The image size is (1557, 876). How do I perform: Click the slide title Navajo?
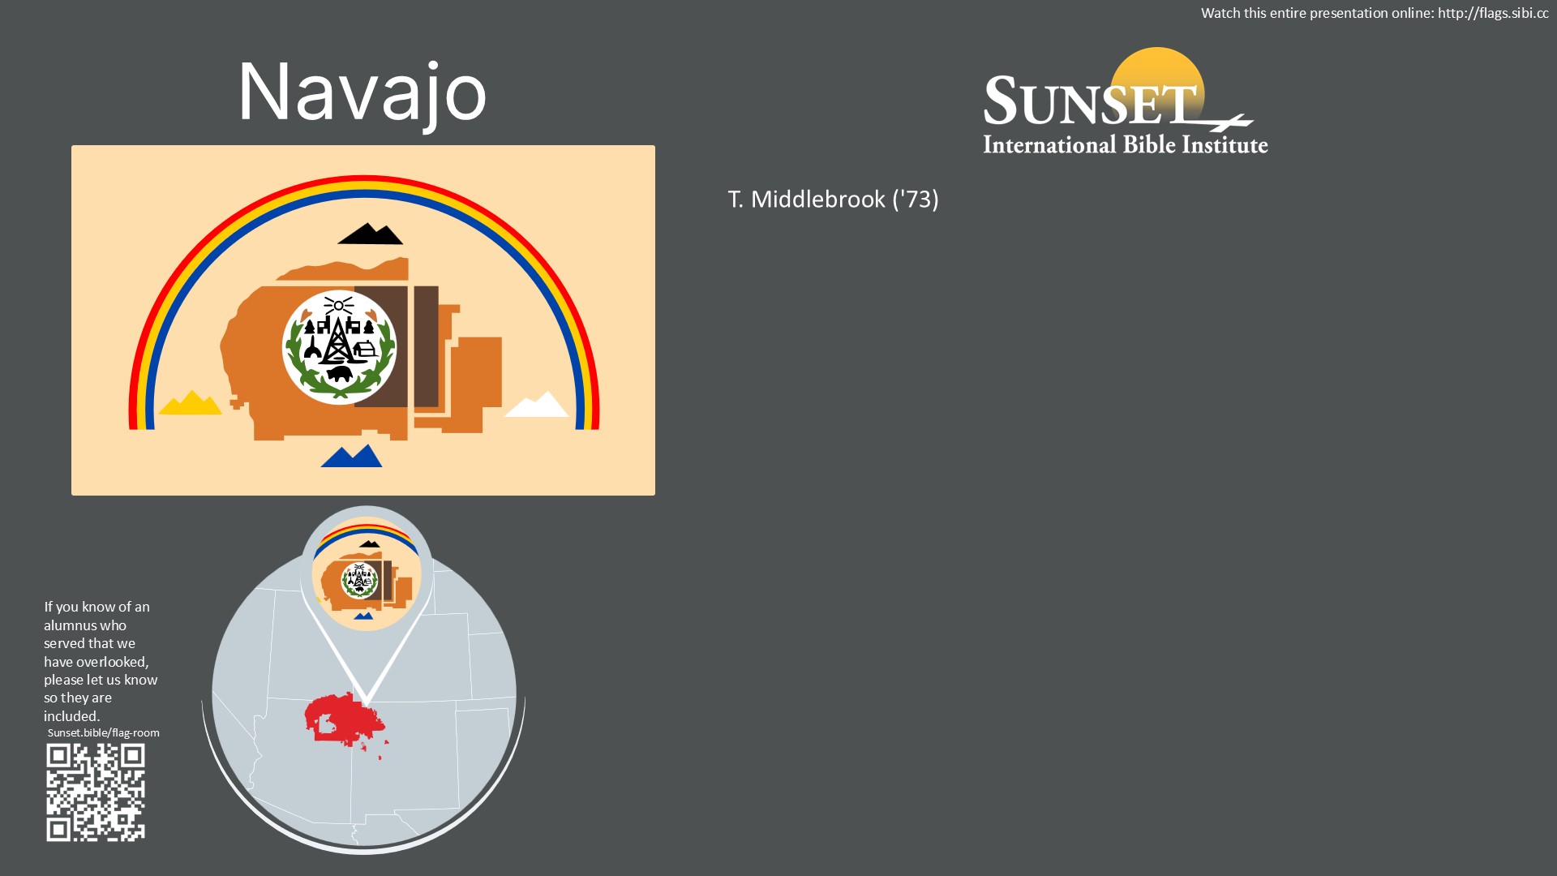click(362, 93)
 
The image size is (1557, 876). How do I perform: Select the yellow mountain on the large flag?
click(191, 402)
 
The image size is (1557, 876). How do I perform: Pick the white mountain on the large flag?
click(537, 404)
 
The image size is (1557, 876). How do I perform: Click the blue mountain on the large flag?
click(351, 456)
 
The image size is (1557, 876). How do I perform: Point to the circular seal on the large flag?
click(340, 347)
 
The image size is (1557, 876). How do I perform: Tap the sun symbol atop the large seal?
click(338, 306)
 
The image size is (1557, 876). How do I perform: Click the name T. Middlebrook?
click(807, 200)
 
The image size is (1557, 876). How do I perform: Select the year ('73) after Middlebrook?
click(916, 200)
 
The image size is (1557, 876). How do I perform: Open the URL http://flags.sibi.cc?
click(1493, 13)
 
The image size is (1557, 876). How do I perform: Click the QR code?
click(96, 792)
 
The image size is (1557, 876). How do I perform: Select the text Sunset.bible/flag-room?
click(103, 732)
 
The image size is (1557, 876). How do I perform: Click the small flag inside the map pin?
click(367, 573)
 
